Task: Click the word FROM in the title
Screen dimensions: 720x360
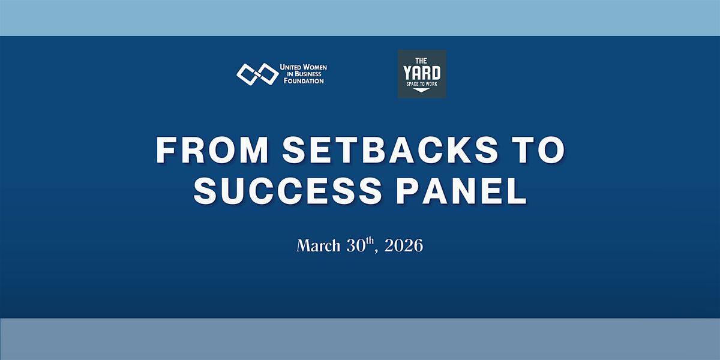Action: pyautogui.click(x=212, y=150)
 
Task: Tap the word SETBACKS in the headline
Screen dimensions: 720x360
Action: pyautogui.click(x=390, y=150)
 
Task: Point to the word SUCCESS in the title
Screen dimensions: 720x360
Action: pyautogui.click(x=287, y=191)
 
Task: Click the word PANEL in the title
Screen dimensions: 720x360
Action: pyautogui.click(x=461, y=191)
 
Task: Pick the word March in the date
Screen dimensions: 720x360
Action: pyautogui.click(x=318, y=246)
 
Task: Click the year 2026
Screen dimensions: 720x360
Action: pyautogui.click(x=404, y=246)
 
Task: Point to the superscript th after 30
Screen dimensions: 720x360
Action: pyautogui.click(x=370, y=241)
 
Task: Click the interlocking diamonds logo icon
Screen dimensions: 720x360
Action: pyautogui.click(x=257, y=74)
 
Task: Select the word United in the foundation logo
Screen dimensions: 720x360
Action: pyautogui.click(x=290, y=67)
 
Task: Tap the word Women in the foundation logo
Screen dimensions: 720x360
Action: pyautogui.click(x=314, y=67)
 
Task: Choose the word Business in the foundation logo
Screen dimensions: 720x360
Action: pyautogui.click(x=308, y=74)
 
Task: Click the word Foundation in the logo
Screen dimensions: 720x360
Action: pyautogui.click(x=304, y=81)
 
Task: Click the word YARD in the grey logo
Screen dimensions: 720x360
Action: pyautogui.click(x=422, y=73)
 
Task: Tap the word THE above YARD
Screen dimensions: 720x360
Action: pyautogui.click(x=421, y=61)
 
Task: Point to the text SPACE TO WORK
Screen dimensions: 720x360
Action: pyautogui.click(x=422, y=84)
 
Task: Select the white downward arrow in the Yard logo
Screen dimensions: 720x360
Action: pyautogui.click(x=421, y=90)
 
